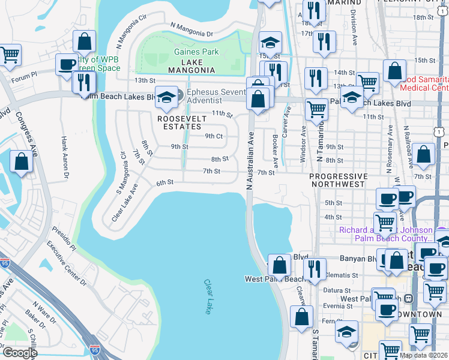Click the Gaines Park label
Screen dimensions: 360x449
tap(196, 52)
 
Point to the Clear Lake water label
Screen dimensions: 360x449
tap(208, 296)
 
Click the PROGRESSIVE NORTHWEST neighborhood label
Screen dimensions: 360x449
tap(338, 180)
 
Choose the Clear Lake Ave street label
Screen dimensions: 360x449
tap(125, 203)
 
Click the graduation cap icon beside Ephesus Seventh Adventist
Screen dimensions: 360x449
tap(166, 97)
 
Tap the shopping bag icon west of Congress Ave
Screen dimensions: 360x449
tap(22, 161)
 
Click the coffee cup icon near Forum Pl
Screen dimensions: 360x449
tap(67, 64)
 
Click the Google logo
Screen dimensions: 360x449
tap(20, 352)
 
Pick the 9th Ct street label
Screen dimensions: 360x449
tap(214, 136)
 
